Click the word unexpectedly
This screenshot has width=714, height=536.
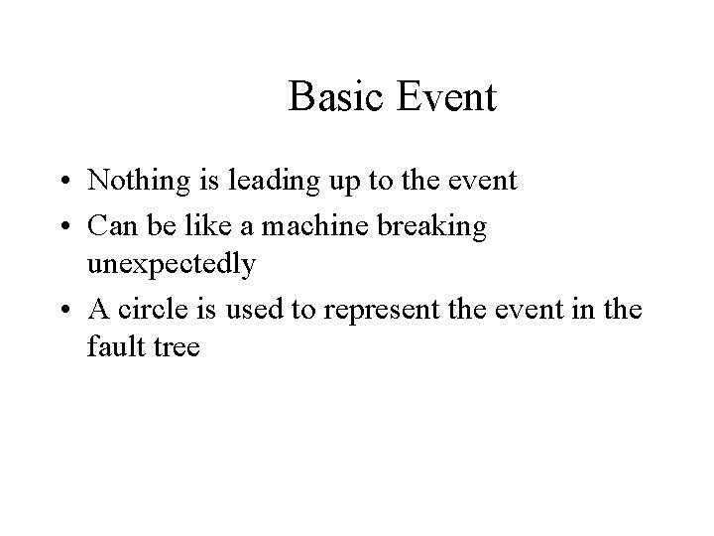click(x=173, y=264)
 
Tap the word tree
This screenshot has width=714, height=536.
click(x=174, y=348)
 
